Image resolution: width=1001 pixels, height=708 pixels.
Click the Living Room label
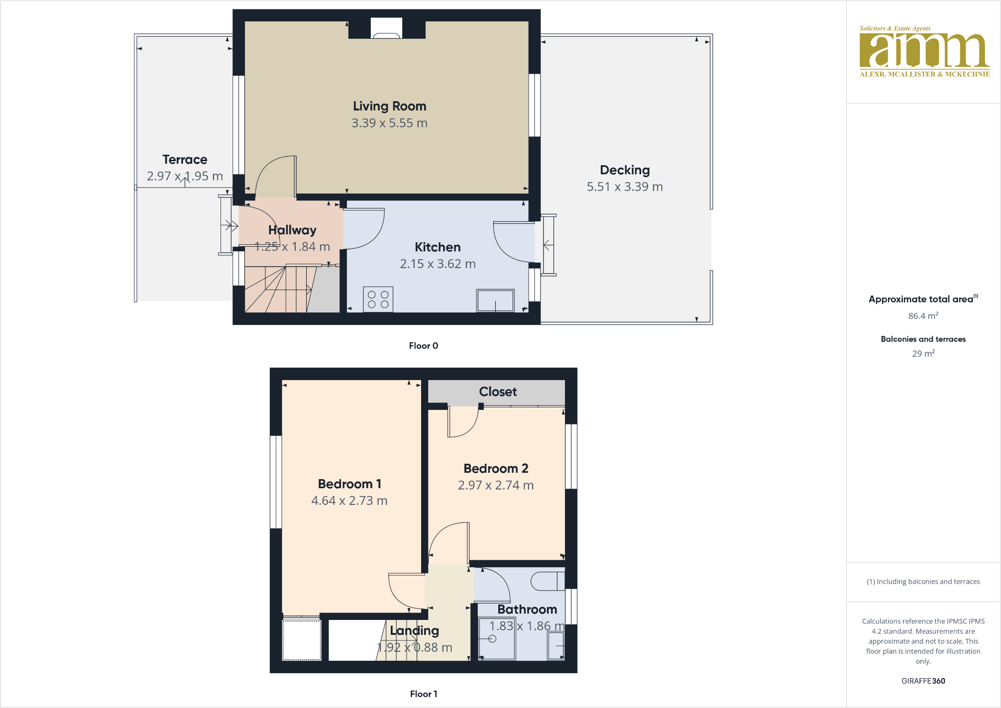(389, 106)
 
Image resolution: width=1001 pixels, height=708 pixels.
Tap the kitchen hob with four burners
(378, 300)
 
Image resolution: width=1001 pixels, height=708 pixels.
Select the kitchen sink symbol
(495, 301)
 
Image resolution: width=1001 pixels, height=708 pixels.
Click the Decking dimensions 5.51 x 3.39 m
(624, 187)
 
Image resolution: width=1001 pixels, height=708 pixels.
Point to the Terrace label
(185, 160)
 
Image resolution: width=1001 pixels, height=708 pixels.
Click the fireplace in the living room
(386, 28)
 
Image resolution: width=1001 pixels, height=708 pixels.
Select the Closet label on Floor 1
(497, 392)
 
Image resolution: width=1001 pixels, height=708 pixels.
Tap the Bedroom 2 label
(496, 468)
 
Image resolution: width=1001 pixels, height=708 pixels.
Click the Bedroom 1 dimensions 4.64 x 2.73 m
(349, 501)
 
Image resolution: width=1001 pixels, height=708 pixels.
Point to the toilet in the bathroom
(547, 581)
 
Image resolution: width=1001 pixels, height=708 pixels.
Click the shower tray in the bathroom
(496, 639)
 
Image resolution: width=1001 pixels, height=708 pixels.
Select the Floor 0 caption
(423, 346)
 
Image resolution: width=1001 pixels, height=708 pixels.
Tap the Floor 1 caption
(423, 694)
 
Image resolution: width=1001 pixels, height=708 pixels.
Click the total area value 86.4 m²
(923, 316)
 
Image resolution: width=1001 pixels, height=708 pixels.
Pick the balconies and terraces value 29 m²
(923, 354)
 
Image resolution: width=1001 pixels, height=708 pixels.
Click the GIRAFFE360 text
(923, 681)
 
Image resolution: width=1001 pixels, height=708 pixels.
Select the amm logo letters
(924, 50)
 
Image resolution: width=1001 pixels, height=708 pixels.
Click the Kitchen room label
(438, 247)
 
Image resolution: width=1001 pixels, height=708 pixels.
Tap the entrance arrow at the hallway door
(229, 225)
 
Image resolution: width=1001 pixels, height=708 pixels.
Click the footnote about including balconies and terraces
(923, 582)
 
